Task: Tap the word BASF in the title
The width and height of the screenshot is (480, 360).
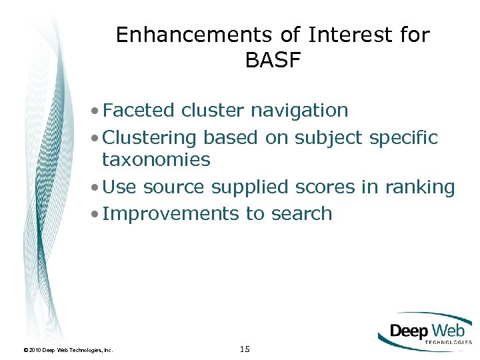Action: (273, 61)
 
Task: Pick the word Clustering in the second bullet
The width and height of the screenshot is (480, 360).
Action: (150, 137)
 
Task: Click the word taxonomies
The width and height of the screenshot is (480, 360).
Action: (156, 160)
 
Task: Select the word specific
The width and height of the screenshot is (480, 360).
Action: (406, 138)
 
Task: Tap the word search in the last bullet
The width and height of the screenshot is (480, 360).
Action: (301, 213)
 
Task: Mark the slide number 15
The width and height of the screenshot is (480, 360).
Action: (244, 348)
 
